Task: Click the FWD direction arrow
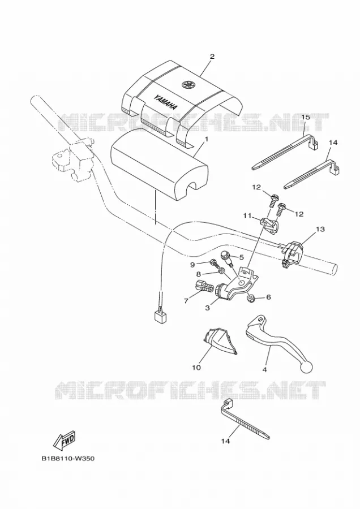click(x=65, y=440)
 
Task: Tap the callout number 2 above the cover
click(x=212, y=57)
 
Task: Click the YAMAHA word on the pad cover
click(x=165, y=102)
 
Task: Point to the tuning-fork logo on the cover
click(x=188, y=84)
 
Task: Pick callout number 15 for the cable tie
click(x=306, y=117)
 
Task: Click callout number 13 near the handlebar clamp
click(x=320, y=230)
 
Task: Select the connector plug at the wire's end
click(x=161, y=316)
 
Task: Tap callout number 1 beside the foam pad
click(x=205, y=140)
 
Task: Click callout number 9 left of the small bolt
click(x=192, y=265)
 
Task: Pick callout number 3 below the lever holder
click(x=207, y=307)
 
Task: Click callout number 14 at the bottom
click(x=225, y=441)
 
